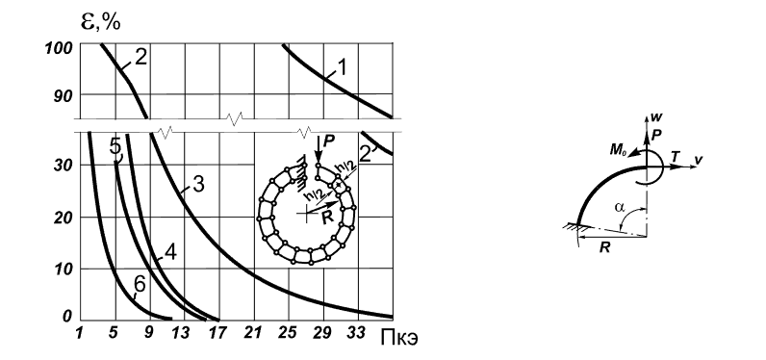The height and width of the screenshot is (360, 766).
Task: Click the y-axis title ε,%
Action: coord(101,22)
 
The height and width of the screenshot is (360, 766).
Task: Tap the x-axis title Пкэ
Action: coord(398,338)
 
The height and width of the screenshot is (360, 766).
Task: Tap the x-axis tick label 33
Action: coord(356,333)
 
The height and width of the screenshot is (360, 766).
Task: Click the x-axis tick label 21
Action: coord(250,333)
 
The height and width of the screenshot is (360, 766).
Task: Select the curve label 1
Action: coord(342,67)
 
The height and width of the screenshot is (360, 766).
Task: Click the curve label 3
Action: coord(198,185)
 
